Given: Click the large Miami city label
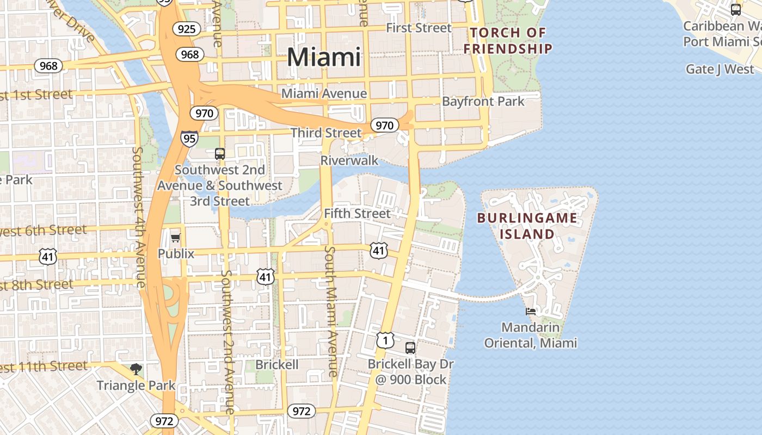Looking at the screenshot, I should [x=324, y=57].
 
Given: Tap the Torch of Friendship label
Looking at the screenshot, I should [x=508, y=41].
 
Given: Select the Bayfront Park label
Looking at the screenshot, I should [x=483, y=101].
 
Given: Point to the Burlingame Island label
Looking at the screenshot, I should [x=527, y=226].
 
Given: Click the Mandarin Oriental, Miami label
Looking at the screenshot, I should [x=531, y=335].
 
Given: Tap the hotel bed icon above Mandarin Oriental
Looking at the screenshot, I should [x=531, y=312].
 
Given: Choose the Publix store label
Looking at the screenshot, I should [x=176, y=253].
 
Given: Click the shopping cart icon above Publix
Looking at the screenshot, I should [x=175, y=238].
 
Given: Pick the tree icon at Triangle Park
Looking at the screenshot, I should [x=136, y=370].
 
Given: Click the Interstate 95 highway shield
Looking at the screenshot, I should [x=189, y=139].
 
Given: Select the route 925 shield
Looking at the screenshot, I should [x=186, y=28].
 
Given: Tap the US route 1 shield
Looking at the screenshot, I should [x=385, y=340].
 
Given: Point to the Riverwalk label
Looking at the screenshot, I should [x=349, y=160].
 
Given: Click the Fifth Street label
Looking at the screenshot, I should [x=357, y=214].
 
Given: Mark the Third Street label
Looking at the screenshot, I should [x=326, y=133].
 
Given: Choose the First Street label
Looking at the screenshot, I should [x=419, y=28].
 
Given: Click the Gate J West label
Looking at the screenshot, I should [x=720, y=69].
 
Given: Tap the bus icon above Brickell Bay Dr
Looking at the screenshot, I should [x=410, y=348].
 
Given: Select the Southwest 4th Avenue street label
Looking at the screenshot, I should [x=139, y=217].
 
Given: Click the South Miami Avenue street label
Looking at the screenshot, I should [x=331, y=311].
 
